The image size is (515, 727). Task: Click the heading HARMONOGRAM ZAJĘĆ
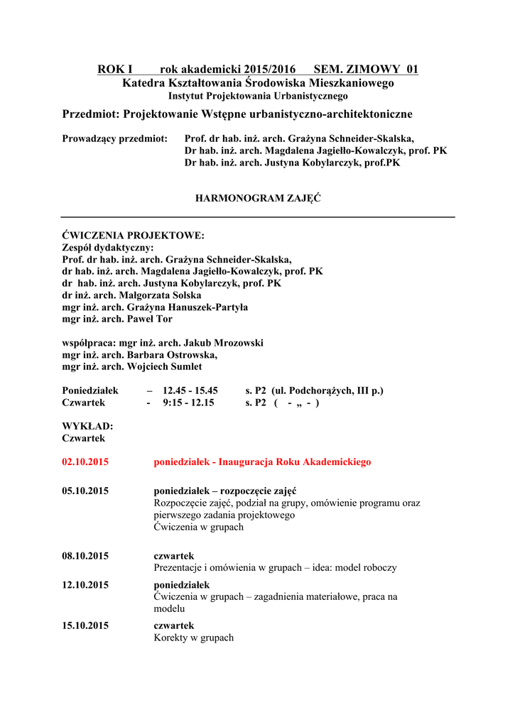(258, 198)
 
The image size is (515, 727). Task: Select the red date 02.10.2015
(85, 461)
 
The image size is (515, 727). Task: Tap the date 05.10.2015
(85, 491)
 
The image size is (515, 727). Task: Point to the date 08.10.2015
(85, 555)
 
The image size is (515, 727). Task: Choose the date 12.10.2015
(85, 584)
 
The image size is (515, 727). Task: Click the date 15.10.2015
(85, 625)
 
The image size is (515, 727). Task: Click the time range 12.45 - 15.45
(190, 390)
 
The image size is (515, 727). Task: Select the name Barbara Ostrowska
(172, 354)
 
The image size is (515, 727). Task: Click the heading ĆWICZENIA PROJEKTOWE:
(134, 235)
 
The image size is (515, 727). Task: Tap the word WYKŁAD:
(88, 426)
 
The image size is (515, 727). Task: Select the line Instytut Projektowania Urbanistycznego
(258, 95)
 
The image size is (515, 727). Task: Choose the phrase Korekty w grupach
(194, 638)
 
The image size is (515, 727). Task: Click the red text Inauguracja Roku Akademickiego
(295, 461)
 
